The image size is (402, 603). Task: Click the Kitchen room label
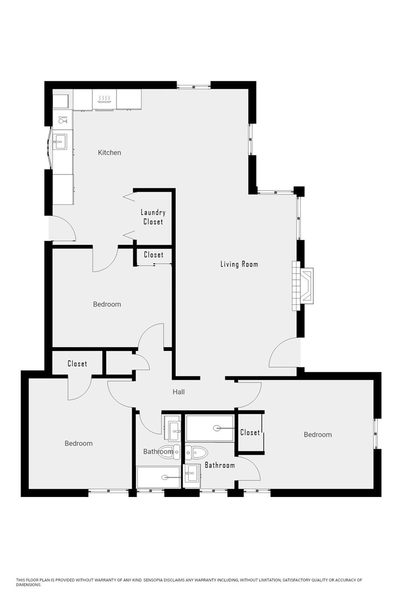[109, 153]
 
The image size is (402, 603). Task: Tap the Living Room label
[239, 264]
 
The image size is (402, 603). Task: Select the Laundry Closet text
[153, 217]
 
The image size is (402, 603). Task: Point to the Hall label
[178, 392]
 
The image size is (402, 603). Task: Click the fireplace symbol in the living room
[304, 285]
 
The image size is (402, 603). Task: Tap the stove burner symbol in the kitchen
[104, 99]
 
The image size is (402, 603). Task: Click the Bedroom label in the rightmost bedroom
[318, 435]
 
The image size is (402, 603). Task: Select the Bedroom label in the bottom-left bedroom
[78, 444]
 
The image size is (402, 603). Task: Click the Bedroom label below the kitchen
[107, 304]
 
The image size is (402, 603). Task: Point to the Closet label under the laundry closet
[154, 255]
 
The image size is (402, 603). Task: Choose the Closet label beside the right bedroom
[250, 433]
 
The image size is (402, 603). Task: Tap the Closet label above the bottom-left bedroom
[77, 364]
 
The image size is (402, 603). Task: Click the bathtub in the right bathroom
[210, 428]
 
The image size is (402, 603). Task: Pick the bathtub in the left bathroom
[159, 477]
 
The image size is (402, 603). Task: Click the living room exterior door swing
[284, 354]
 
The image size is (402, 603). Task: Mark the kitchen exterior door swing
[62, 228]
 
